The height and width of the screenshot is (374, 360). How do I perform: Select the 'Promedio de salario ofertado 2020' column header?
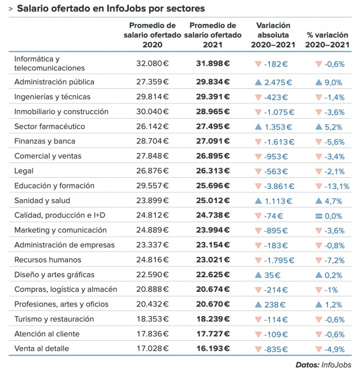click(x=152, y=35)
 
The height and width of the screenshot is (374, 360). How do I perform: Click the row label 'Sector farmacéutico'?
click(x=49, y=126)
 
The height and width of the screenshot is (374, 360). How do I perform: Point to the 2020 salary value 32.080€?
click(x=152, y=63)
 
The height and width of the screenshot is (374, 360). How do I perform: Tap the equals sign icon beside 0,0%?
click(x=318, y=215)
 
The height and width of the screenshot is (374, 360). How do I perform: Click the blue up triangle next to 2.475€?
click(x=259, y=82)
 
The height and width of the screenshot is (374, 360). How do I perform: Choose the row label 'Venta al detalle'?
click(x=42, y=349)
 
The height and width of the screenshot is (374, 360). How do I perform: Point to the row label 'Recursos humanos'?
click(x=47, y=260)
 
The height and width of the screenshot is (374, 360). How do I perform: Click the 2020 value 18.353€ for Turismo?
click(x=152, y=319)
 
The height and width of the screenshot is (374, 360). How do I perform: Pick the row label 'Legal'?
click(x=24, y=170)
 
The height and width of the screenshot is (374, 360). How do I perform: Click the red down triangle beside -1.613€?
click(x=259, y=141)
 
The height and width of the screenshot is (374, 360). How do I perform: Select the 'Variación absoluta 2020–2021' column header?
click(x=273, y=35)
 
